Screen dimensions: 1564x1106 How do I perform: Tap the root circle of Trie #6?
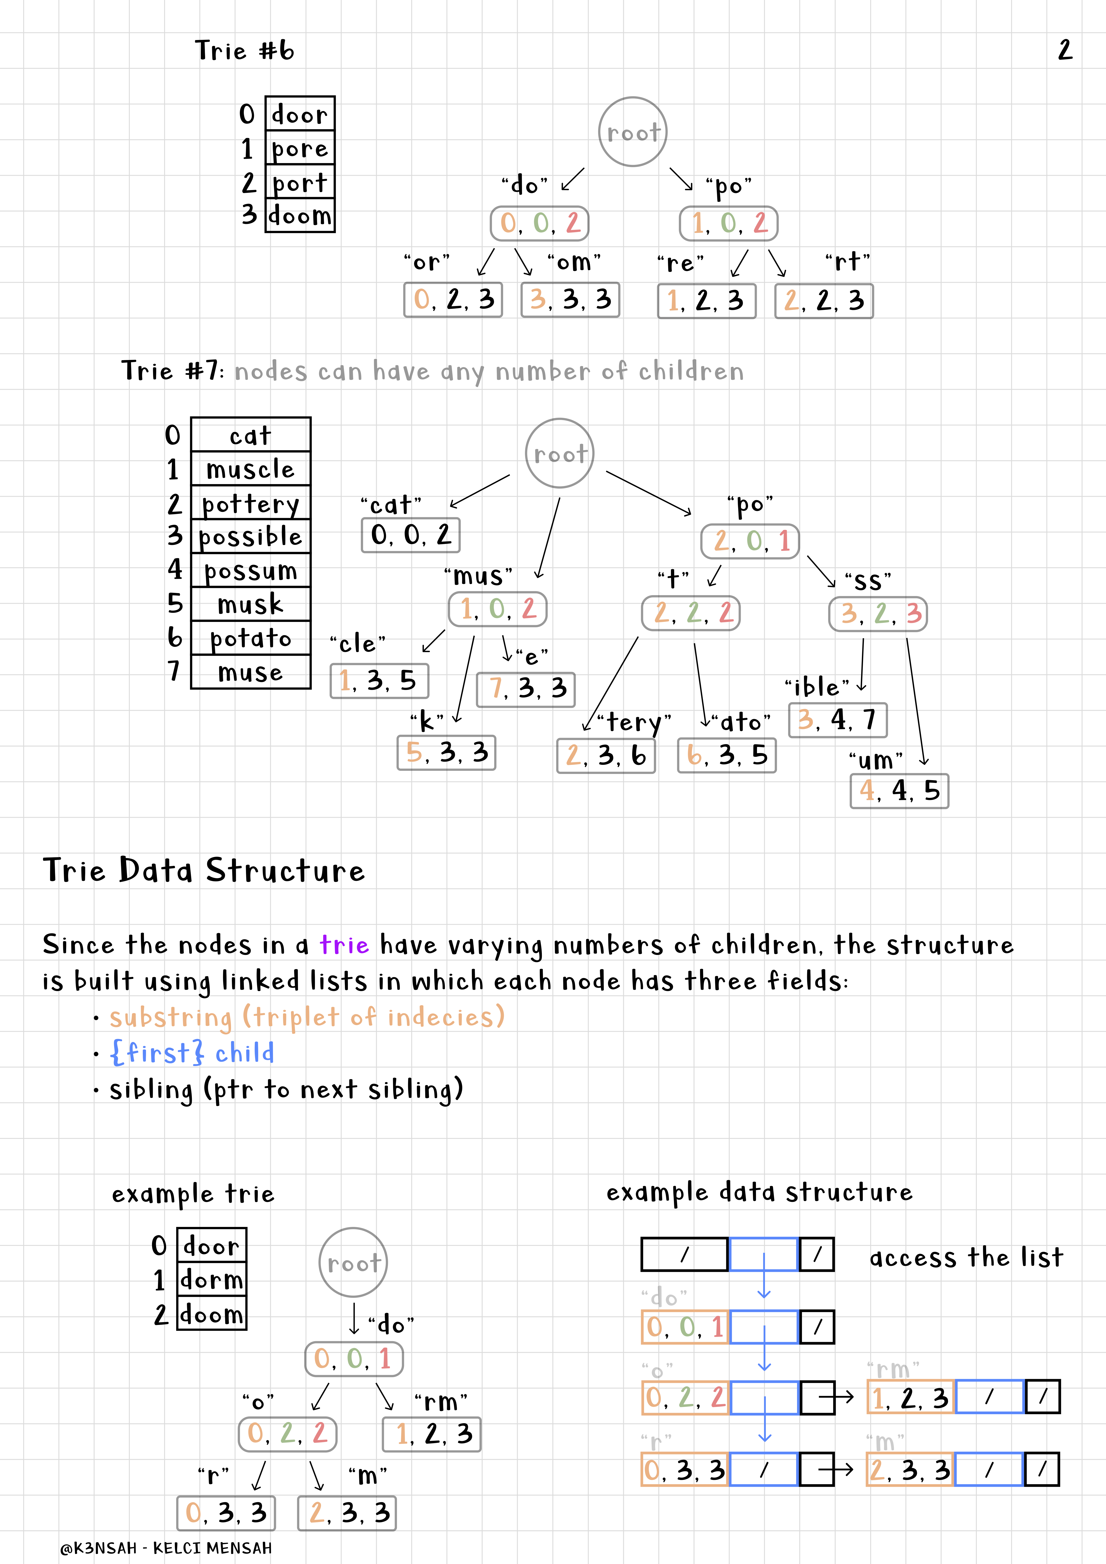(632, 131)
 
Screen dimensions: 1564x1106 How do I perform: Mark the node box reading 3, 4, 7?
(838, 720)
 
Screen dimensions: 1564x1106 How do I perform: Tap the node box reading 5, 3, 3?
(446, 753)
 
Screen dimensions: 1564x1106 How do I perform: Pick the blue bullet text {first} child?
(192, 1053)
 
